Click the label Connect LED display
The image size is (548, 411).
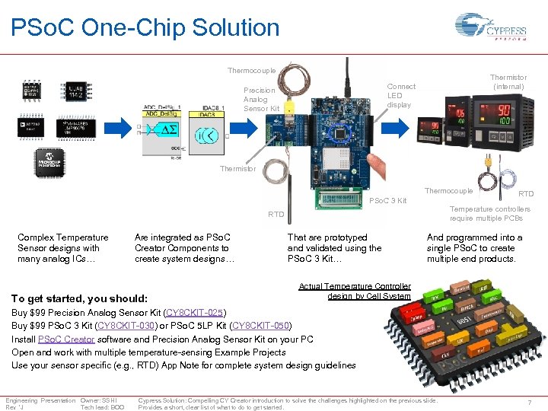click(401, 96)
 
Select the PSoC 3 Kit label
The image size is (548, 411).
click(387, 201)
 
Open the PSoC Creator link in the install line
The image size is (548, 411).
click(65, 339)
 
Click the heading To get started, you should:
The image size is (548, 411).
click(79, 298)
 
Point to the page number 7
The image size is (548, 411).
click(528, 401)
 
